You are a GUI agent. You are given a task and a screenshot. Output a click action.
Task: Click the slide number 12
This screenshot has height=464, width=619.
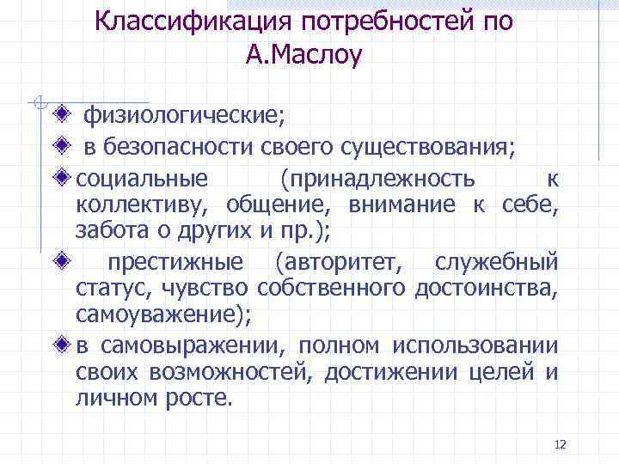coord(561,443)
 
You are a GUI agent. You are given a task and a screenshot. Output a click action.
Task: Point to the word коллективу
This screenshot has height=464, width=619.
coord(144,205)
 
